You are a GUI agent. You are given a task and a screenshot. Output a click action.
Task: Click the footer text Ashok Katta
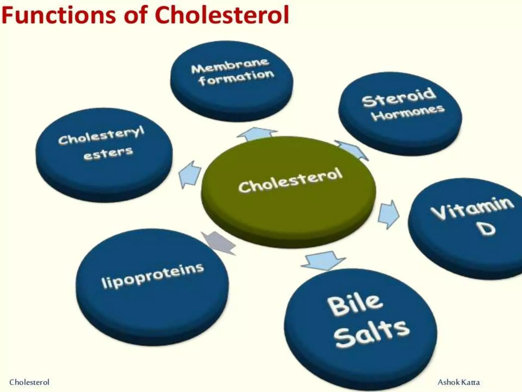point(459,382)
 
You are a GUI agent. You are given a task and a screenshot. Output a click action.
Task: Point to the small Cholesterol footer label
point(29,382)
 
